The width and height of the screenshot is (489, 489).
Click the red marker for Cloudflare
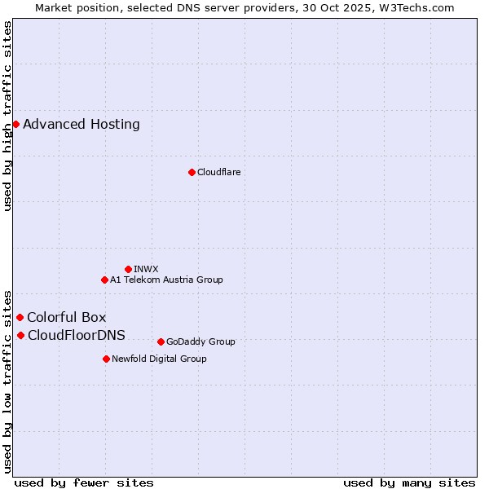pos(192,172)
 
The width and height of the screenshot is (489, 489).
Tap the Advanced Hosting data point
pos(15,125)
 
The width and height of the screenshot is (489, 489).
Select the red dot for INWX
pos(128,269)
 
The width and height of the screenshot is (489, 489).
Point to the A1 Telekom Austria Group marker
pos(104,280)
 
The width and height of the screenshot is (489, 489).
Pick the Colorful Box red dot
pos(20,318)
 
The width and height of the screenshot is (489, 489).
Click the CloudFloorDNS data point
pos(20,336)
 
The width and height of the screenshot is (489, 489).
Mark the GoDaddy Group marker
pos(161,341)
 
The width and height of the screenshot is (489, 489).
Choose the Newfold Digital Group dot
pos(106,359)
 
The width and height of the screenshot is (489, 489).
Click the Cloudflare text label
pos(218,172)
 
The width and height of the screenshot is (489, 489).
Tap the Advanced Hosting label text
pos(81,125)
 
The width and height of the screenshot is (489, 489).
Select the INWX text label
pos(146,269)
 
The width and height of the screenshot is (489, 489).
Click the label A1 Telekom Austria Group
pos(166,280)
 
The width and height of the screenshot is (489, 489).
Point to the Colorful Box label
pos(67,318)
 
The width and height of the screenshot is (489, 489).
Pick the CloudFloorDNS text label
pos(77,336)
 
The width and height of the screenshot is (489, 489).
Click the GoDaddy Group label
pos(200,341)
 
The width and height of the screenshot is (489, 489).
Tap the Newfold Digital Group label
pos(159,359)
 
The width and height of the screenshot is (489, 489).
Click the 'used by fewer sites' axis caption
pos(84,482)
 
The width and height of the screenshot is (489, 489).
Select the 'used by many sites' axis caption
pos(409,482)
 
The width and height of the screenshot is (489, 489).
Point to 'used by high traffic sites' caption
pos(8,116)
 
